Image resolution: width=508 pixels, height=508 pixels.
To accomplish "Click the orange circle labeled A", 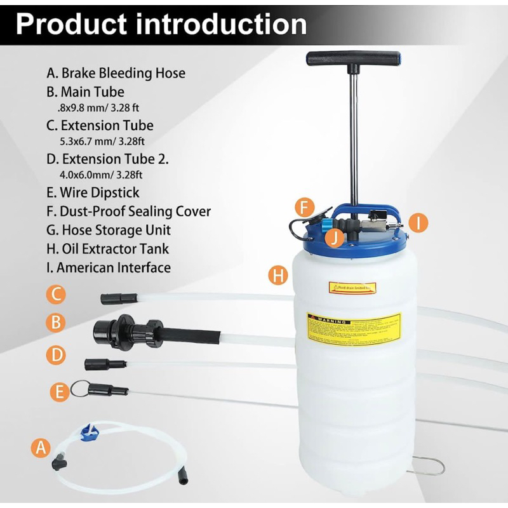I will pyautogui.click(x=41, y=448).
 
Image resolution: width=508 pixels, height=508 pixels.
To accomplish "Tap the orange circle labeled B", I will pyautogui.click(x=57, y=323).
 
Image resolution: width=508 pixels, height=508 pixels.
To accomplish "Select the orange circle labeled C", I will pyautogui.click(x=57, y=294).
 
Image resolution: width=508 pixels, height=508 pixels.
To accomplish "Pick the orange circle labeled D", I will pyautogui.click(x=57, y=355).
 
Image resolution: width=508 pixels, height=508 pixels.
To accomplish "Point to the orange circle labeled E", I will pyautogui.click(x=60, y=392).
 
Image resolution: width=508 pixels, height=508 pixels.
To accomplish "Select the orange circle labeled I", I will pyautogui.click(x=418, y=222).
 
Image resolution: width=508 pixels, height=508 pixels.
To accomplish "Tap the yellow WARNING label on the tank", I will pyautogui.click(x=354, y=328).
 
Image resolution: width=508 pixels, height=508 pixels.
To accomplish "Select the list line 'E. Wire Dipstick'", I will pyautogui.click(x=93, y=192).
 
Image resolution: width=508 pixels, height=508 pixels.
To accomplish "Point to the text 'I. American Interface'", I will pyautogui.click(x=109, y=267).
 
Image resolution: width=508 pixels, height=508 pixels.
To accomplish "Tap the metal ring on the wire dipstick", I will pyautogui.click(x=79, y=387).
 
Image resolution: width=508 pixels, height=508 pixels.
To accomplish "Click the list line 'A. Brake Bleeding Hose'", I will pyautogui.click(x=116, y=73).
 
